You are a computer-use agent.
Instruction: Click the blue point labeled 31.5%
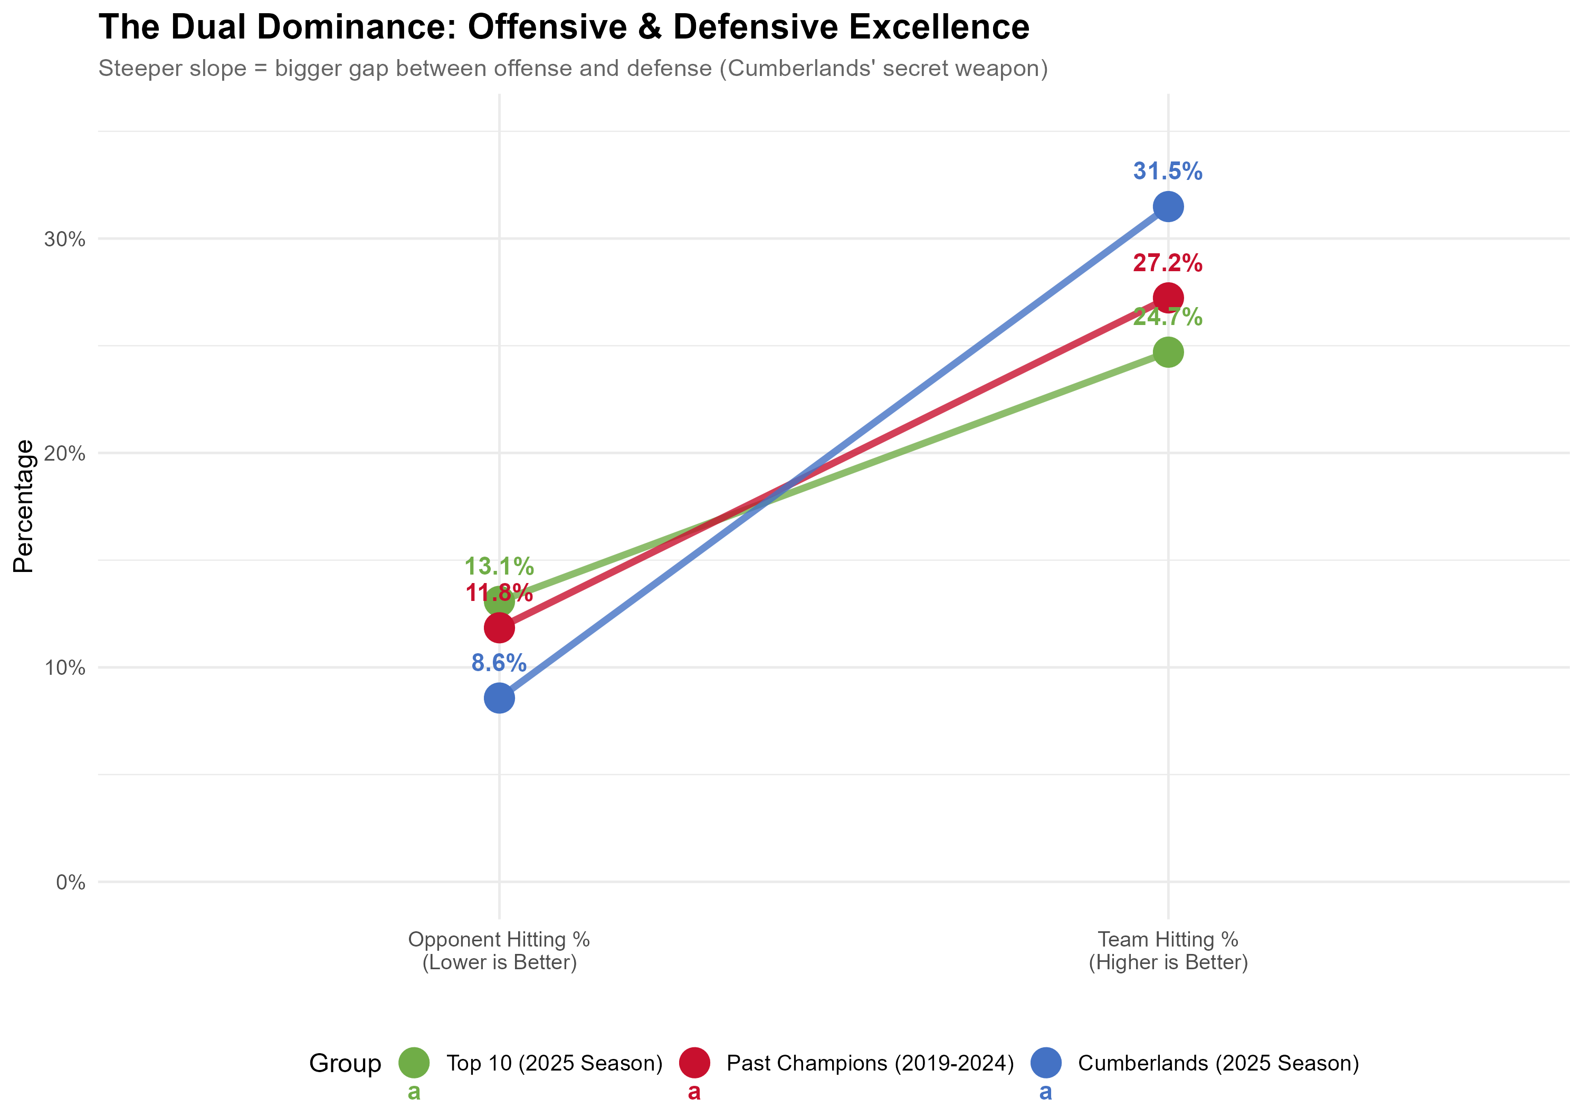[1167, 206]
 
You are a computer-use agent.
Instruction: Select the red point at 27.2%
[1167, 298]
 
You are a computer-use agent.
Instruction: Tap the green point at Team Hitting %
[1167, 352]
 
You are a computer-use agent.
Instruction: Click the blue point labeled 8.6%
[499, 698]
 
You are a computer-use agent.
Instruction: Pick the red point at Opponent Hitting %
[499, 628]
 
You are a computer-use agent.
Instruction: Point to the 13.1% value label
[499, 567]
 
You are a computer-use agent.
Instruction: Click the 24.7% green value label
[1167, 317]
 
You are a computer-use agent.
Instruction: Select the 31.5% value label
[1167, 171]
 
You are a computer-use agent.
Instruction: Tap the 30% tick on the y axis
[65, 239]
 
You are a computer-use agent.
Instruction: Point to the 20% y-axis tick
[65, 454]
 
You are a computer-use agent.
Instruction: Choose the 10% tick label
[65, 667]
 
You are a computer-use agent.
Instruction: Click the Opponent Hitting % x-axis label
[499, 950]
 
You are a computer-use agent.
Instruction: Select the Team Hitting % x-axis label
[1167, 950]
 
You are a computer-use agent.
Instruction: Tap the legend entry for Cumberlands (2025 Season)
[1217, 1063]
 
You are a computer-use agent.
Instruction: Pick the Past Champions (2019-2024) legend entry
[870, 1063]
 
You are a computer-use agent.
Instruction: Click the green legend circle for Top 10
[414, 1063]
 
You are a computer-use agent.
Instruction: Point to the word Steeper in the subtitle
[137, 68]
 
